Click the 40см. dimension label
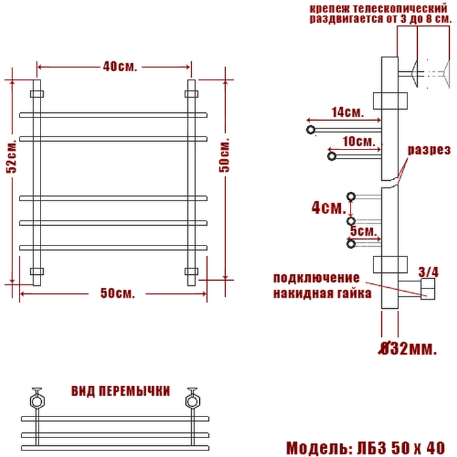[x=119, y=67]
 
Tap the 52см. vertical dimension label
[x=12, y=157]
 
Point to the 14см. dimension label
[x=348, y=112]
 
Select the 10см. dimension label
[x=359, y=142]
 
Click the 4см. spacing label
[x=329, y=208]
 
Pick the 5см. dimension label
[x=364, y=231]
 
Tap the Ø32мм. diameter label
[x=408, y=348]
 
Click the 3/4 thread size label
[x=428, y=272]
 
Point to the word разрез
[x=429, y=150]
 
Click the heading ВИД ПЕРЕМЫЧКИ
[x=121, y=391]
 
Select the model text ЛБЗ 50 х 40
[x=401, y=448]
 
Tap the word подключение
[x=317, y=278]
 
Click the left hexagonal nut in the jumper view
[x=37, y=402]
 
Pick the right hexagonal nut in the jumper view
[x=193, y=402]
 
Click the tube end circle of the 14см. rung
[x=311, y=130]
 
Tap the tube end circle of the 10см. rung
[x=332, y=156]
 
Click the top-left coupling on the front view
[x=37, y=94]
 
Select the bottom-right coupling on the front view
[x=191, y=272]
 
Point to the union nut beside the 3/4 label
[x=428, y=289]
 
